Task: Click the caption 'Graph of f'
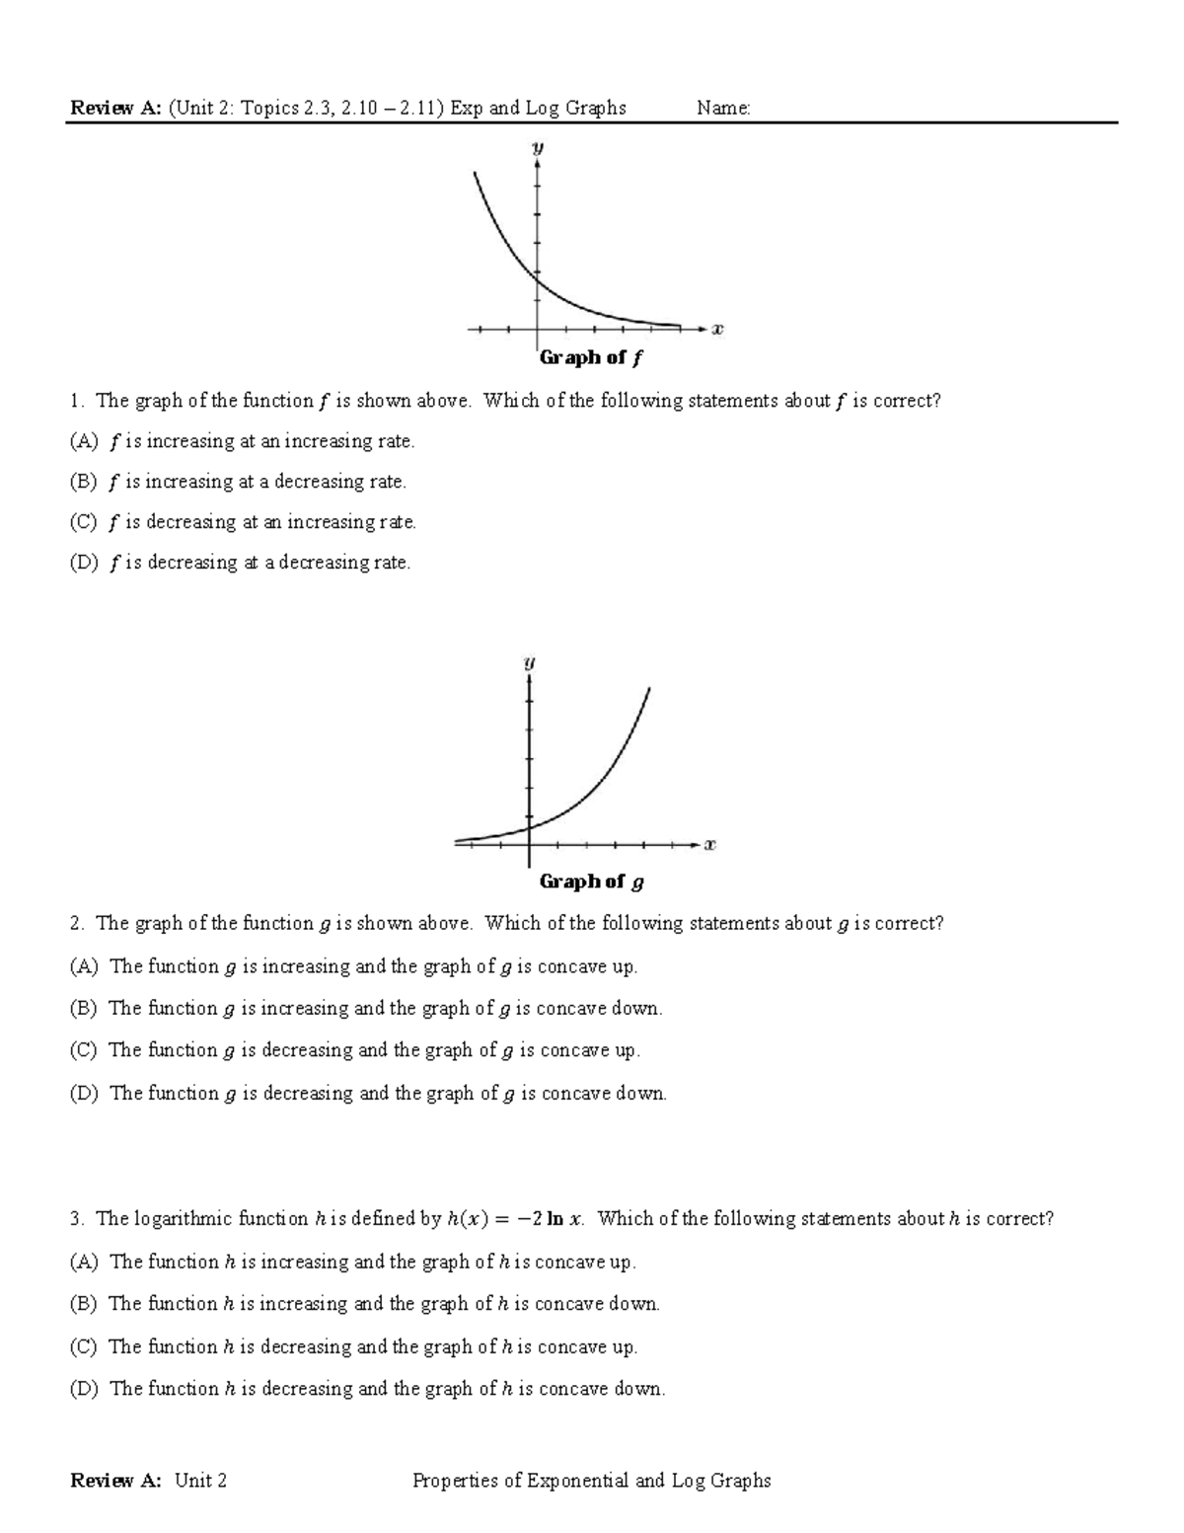[590, 358]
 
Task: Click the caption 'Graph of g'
[591, 881]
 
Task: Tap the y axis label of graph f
[538, 148]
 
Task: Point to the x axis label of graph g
[709, 845]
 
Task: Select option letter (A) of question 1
[83, 442]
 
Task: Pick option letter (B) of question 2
[83, 1009]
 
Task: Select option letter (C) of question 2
[83, 1050]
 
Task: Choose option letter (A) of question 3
[84, 1263]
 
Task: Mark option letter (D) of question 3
[84, 1389]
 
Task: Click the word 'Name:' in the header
[723, 109]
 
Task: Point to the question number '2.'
[77, 924]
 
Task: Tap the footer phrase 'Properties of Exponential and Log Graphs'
[591, 1481]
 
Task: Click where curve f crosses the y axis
[538, 281]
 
